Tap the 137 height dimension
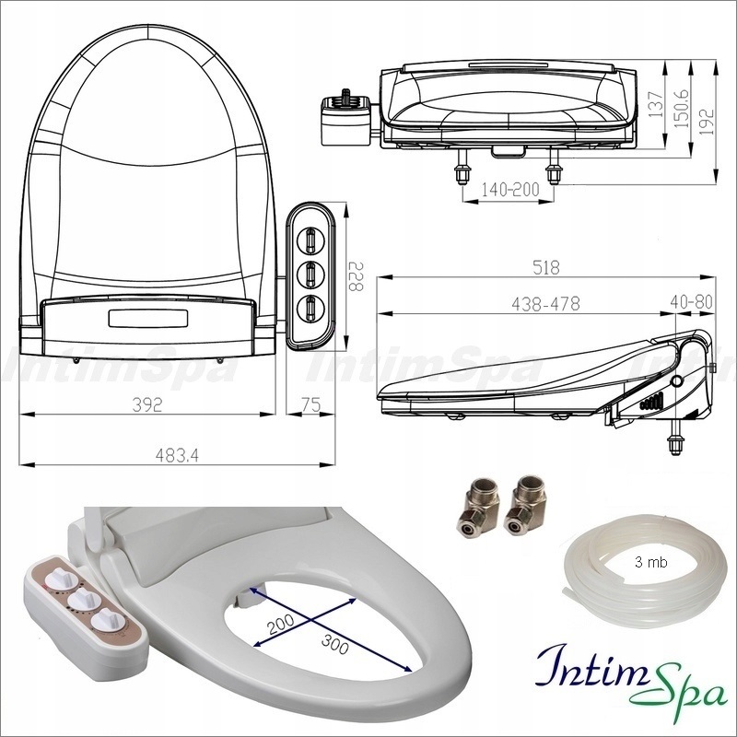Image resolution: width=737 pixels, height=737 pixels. [655, 108]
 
